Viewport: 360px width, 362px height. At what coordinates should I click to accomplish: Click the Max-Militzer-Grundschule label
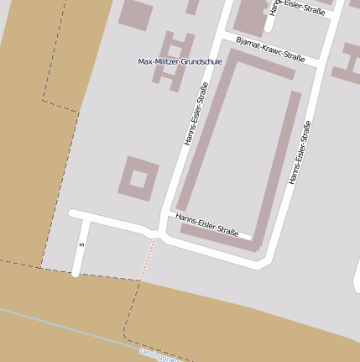180,61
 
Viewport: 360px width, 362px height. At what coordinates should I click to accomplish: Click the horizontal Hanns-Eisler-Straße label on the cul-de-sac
207,223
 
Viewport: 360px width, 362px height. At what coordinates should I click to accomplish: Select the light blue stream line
67,328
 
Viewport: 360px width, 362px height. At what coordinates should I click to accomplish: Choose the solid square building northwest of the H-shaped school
136,14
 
